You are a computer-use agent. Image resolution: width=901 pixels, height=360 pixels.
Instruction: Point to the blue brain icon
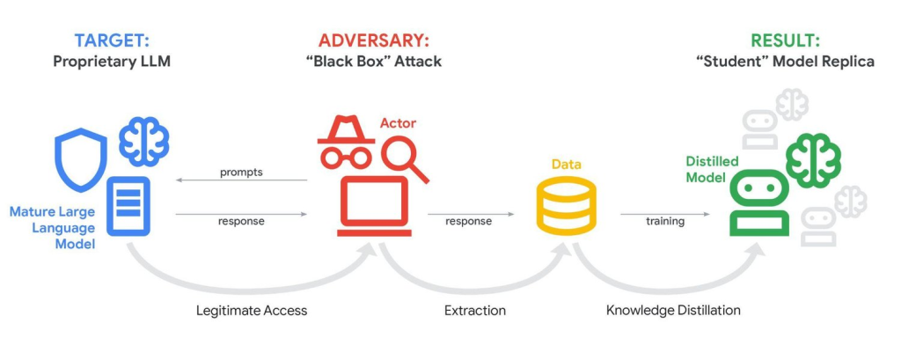144,140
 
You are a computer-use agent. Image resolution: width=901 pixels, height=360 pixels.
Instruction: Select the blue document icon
128,206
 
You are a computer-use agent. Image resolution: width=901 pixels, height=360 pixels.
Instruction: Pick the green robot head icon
759,203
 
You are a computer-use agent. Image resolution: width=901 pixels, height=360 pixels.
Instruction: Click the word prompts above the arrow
241,172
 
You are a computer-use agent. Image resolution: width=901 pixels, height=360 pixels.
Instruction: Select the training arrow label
665,221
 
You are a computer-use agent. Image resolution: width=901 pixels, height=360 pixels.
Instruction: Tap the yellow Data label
566,165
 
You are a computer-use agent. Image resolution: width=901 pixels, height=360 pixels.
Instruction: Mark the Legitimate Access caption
251,311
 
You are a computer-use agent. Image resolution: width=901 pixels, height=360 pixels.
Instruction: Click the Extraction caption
475,311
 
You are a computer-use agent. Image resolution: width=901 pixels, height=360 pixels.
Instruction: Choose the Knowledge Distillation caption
673,311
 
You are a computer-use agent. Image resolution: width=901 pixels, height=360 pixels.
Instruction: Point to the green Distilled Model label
712,169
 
